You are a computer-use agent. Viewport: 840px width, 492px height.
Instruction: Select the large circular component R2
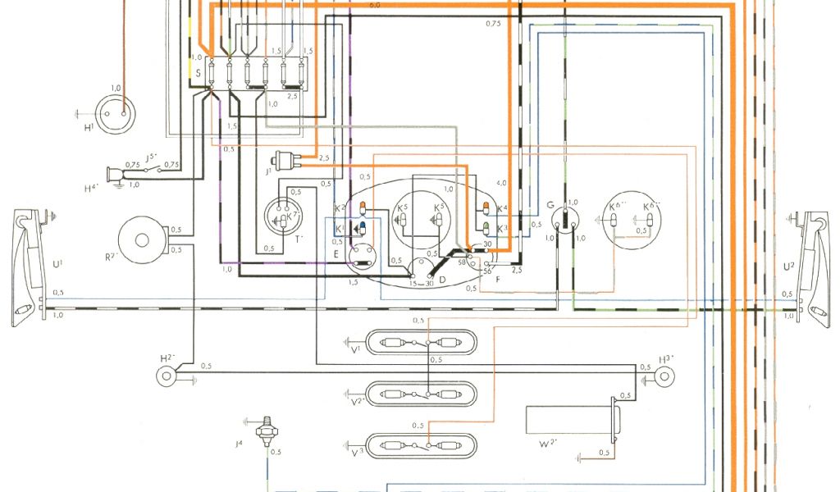[x=142, y=239]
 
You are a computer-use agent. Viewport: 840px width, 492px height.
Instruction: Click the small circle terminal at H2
[x=169, y=376]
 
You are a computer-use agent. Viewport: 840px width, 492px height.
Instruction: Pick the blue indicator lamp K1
[x=362, y=225]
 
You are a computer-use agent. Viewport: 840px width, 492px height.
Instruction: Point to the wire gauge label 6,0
[x=375, y=6]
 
